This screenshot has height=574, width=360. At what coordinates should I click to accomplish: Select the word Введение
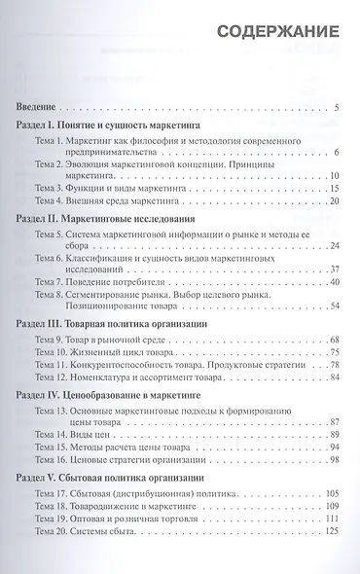pos(41,106)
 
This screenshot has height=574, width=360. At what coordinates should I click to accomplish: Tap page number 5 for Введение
pos(335,106)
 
